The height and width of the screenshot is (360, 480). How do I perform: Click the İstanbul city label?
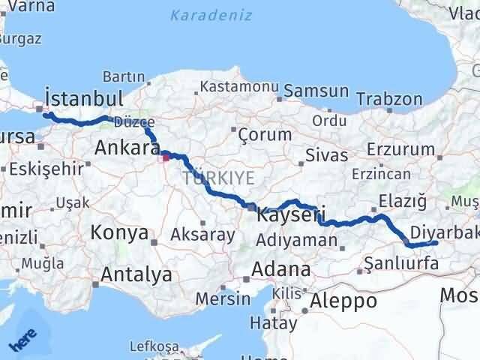84,98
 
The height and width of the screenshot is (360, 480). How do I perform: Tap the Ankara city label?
123,148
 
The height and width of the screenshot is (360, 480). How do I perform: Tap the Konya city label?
119,232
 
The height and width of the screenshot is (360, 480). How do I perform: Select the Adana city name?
281,269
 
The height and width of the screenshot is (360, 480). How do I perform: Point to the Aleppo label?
346,301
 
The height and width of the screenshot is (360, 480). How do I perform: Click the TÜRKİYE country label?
218,178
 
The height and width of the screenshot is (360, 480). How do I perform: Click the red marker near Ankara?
165,157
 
